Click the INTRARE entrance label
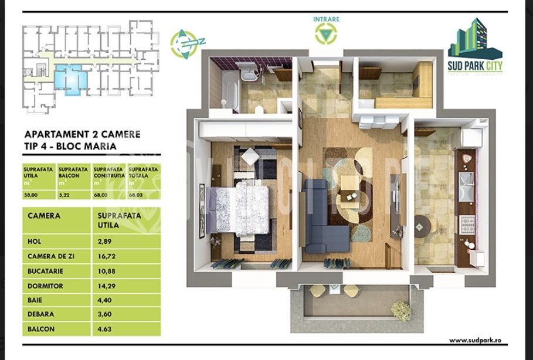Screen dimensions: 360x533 (x=326, y=19)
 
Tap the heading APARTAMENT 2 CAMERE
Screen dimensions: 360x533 (x=83, y=134)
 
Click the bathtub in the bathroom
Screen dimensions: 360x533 (x=228, y=94)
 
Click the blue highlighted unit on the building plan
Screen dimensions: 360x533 (x=73, y=79)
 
